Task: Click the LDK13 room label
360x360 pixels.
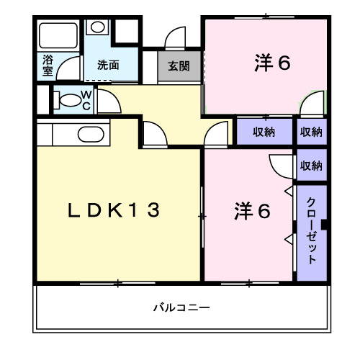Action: [x=113, y=210]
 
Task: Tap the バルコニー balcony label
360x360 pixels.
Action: [x=181, y=307]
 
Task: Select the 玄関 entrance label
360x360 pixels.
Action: [x=179, y=66]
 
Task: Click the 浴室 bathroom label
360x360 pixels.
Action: [x=48, y=65]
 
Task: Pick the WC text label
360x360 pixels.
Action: [x=85, y=100]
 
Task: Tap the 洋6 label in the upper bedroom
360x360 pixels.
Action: [x=271, y=63]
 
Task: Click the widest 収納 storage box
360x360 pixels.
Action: [x=264, y=132]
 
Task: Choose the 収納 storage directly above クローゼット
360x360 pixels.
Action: [x=311, y=166]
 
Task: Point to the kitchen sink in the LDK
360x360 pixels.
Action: [x=89, y=134]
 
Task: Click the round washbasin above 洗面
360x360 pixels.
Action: [x=97, y=28]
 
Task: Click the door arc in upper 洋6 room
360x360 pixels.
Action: [x=311, y=106]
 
